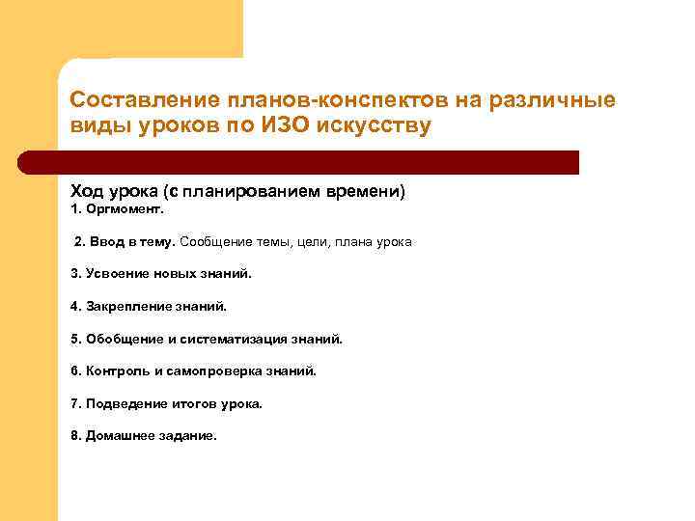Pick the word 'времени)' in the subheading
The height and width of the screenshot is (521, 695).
(368, 192)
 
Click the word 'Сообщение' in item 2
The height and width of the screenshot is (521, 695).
(212, 241)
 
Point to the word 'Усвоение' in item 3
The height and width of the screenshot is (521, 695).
(118, 273)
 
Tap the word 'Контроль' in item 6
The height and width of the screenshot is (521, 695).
(116, 370)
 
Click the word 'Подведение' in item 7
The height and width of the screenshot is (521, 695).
(122, 403)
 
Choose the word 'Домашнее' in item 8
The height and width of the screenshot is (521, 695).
(118, 435)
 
